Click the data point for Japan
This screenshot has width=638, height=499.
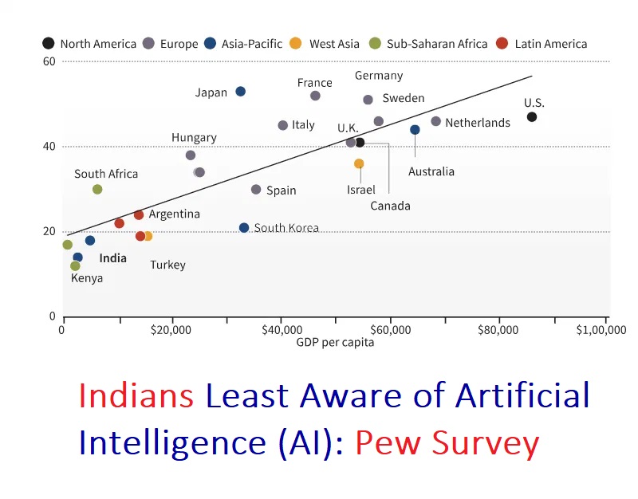240,92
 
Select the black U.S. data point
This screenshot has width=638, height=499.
532,117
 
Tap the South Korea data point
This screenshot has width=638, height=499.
244,228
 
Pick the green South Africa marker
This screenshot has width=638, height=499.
97,190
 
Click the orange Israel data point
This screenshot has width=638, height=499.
359,163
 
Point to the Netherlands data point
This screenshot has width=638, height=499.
435,121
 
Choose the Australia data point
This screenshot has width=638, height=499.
415,130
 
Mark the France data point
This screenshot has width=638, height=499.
315,96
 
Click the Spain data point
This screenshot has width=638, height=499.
256,190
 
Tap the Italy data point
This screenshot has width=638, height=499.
282,125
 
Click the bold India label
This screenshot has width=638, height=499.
112,258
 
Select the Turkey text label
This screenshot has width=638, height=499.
167,265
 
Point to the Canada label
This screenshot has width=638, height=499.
390,206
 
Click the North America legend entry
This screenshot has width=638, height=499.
89,44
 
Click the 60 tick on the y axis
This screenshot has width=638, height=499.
49,61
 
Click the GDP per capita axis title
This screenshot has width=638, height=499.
335,343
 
